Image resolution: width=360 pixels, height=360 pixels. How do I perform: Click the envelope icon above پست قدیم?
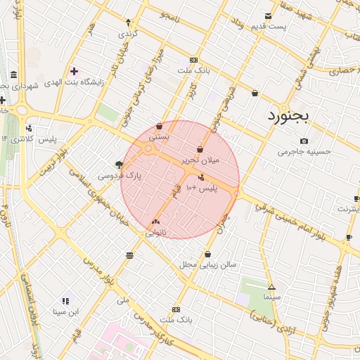(267, 16)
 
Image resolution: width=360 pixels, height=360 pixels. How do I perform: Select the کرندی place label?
(127, 33)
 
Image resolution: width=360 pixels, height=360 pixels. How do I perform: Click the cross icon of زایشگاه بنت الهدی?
(74, 71)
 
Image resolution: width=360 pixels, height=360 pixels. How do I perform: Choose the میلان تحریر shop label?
(201, 160)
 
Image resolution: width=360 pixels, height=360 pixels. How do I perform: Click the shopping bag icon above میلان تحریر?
(201, 149)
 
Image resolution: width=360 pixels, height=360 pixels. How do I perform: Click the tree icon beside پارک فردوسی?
(119, 165)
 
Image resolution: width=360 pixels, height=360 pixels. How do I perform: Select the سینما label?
(271, 297)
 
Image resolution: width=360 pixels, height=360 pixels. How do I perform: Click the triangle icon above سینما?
(271, 287)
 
